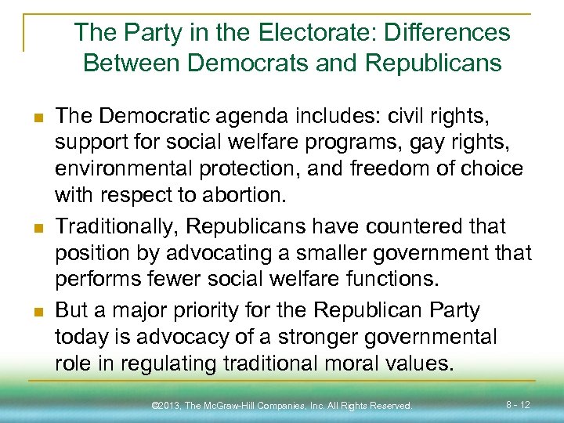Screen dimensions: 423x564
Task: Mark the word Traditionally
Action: [x=119, y=226]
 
